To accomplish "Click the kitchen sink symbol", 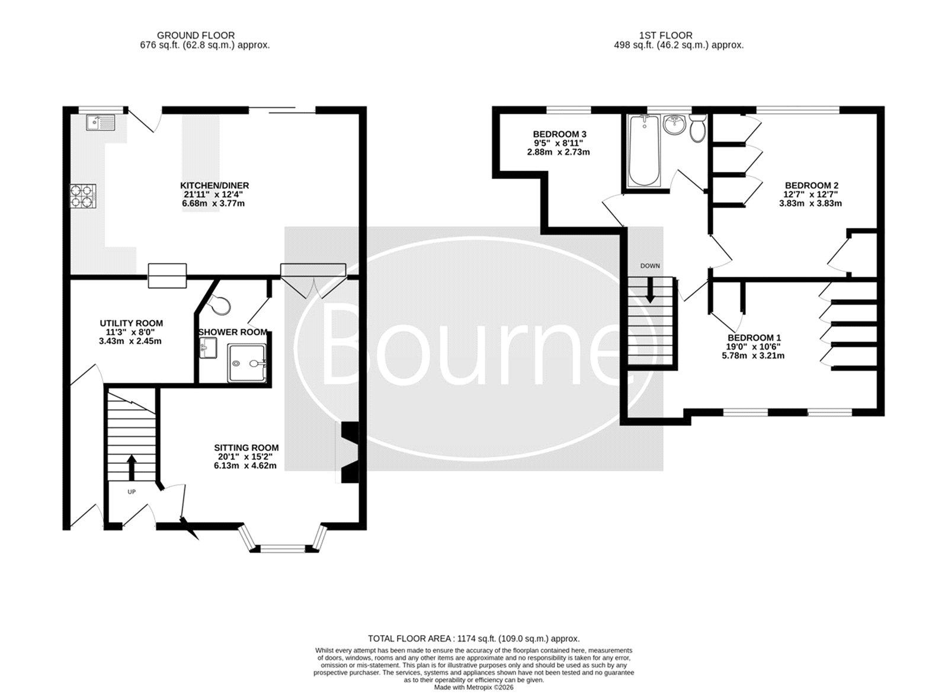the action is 100,123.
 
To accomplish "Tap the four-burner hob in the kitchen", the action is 83,196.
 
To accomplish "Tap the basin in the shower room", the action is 208,348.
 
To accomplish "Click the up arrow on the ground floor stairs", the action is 132,466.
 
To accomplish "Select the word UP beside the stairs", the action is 132,492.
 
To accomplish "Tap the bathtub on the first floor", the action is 643,151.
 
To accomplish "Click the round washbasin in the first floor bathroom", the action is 675,125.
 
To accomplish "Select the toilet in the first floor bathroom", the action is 697,128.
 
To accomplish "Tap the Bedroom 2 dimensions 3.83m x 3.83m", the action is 811,203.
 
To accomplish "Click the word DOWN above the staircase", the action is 650,266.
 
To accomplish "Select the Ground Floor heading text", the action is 196,36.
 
